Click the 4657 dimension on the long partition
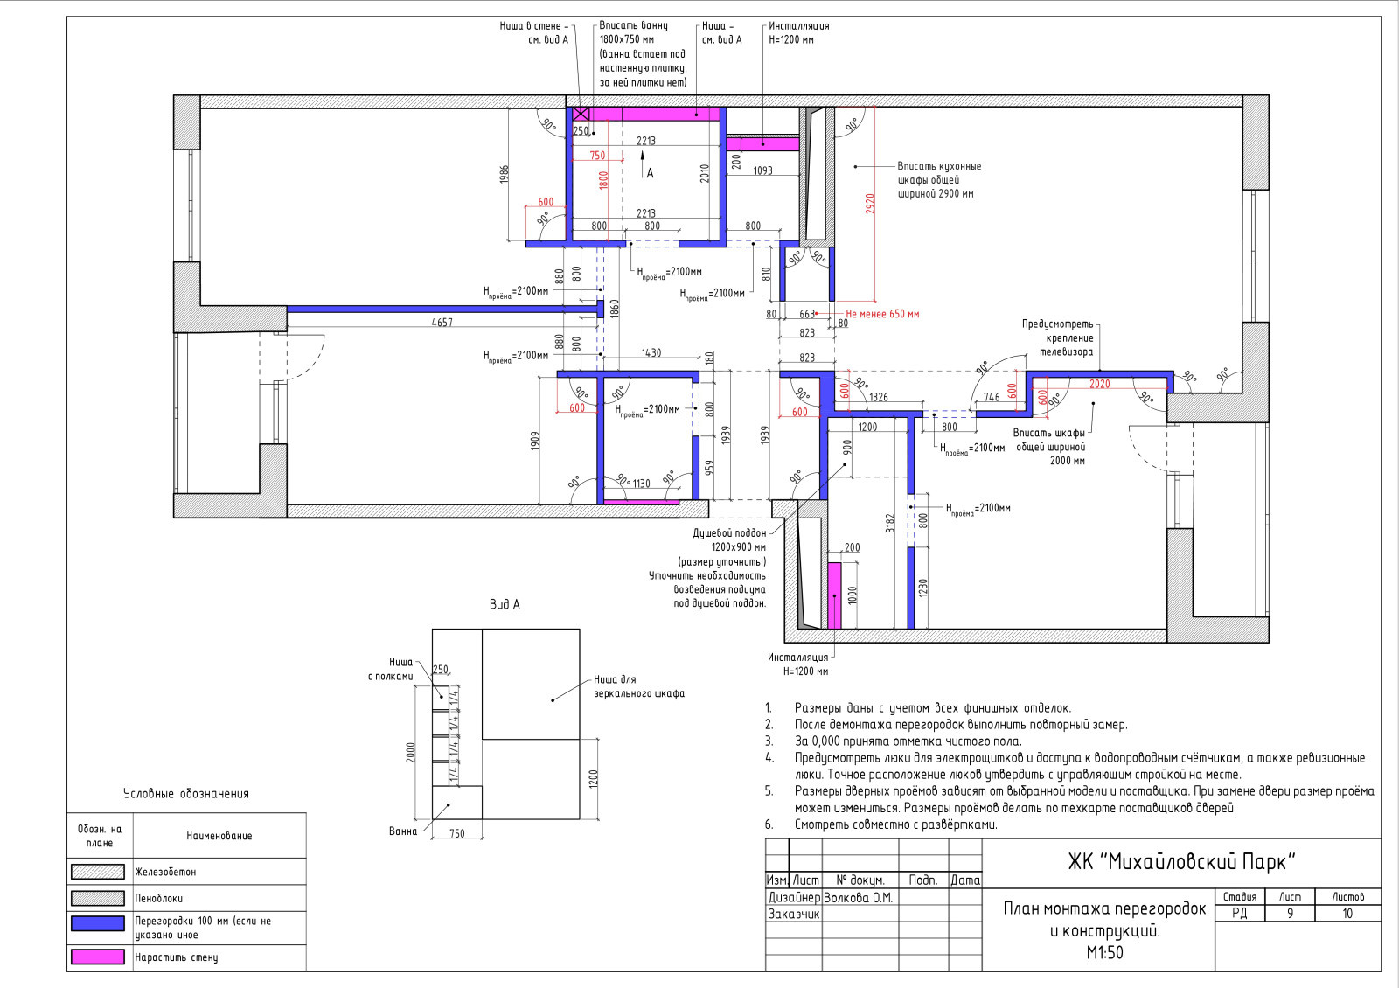pos(442,323)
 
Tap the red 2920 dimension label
pos(870,204)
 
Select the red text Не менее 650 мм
pos(882,314)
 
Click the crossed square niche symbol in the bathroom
pos(581,114)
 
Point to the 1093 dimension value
pos(762,170)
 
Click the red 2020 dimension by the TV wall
pos(1099,384)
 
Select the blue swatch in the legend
pos(97,923)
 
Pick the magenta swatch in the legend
pos(97,957)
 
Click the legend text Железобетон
pos(165,872)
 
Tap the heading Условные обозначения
pos(186,794)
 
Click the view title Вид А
pos(505,604)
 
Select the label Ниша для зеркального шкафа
pos(639,686)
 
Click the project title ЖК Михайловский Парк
pos(1181,862)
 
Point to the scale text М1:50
pos(1104,952)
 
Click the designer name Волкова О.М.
pos(858,898)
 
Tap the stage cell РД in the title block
pos(1239,914)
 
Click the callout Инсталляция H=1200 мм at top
pos(799,32)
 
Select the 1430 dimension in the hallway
pos(651,353)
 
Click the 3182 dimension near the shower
pos(890,524)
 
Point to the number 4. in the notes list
pos(769,758)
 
